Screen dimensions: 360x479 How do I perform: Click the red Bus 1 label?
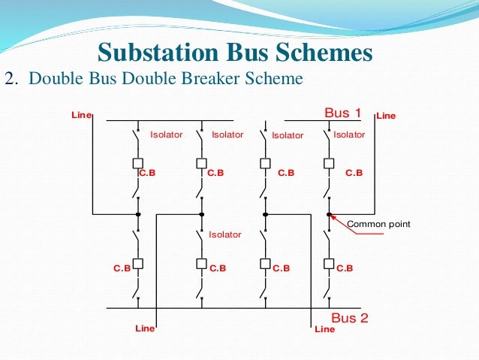click(343, 113)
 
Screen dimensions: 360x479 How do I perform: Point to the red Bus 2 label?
click(350, 318)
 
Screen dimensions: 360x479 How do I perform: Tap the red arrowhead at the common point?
click(333, 217)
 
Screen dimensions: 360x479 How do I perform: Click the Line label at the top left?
click(80, 116)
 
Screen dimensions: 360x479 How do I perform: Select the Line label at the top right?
click(386, 116)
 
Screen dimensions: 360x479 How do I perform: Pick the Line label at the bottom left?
click(145, 328)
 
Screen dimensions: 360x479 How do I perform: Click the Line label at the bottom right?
click(324, 329)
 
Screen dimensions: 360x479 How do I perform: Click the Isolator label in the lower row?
click(225, 234)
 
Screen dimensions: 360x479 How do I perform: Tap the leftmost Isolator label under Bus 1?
click(166, 135)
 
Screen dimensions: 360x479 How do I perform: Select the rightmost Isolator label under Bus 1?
click(349, 135)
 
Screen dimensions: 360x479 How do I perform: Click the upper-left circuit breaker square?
click(138, 163)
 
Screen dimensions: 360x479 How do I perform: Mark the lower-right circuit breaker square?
click(329, 264)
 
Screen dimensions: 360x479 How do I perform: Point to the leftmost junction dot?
click(138, 214)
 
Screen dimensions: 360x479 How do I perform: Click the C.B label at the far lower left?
click(122, 268)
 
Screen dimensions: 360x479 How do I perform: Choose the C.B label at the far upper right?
click(354, 172)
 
